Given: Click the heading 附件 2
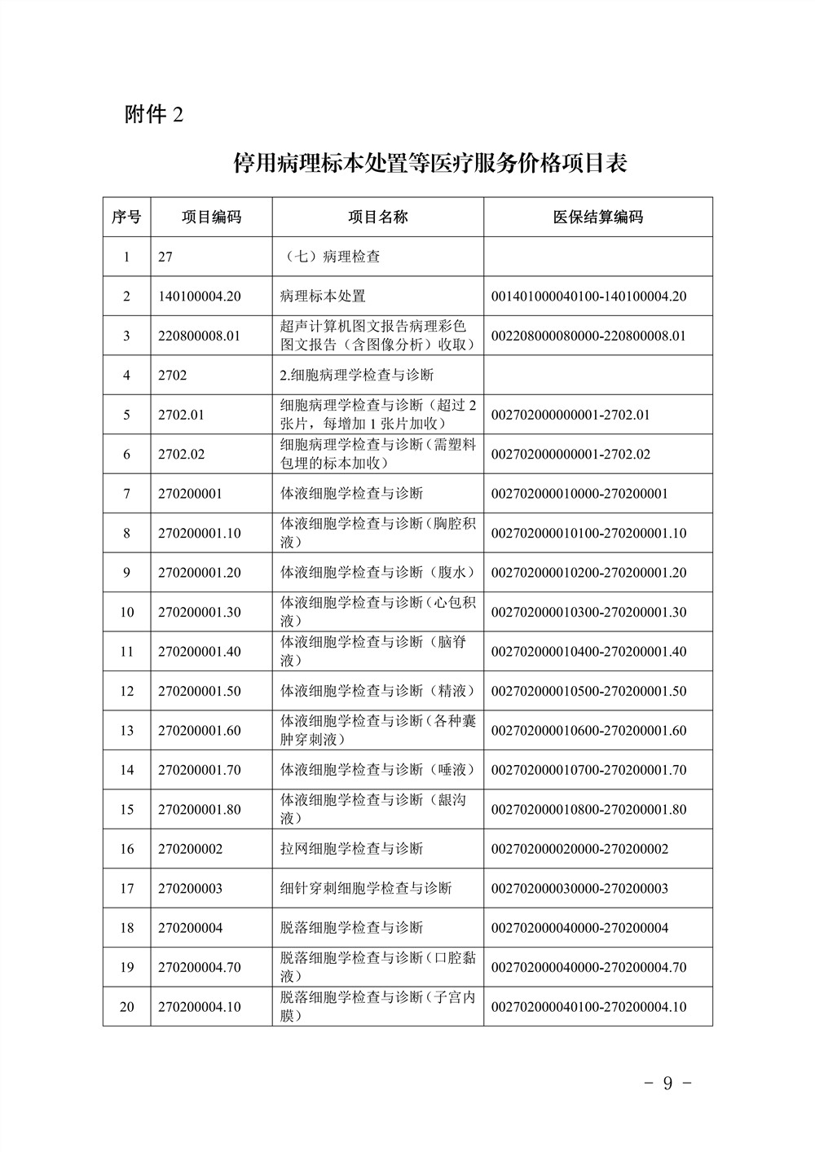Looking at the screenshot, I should point(154,115).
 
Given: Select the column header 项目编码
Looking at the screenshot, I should point(211,217).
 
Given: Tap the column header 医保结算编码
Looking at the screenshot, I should point(597,217).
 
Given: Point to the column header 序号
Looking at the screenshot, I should point(126,217).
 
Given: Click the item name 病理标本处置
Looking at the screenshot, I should point(323,296).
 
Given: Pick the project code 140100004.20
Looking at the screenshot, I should point(200,296).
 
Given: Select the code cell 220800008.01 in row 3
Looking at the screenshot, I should point(200,335).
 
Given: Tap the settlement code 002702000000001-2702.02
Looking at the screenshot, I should point(570,454).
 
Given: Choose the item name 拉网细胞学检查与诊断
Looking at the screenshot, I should point(351,849).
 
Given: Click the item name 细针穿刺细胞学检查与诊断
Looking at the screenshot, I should point(366,888).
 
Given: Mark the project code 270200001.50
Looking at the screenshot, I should point(200,691).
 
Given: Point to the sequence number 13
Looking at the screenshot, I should point(126,730).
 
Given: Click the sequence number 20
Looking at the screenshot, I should point(126,1007).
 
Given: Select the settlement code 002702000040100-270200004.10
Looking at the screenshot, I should point(588,1007).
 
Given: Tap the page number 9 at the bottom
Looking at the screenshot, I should point(667,1084).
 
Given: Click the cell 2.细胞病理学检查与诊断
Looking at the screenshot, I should point(356,375).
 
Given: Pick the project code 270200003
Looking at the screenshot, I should point(190,888).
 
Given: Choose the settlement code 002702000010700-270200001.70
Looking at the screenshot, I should point(588,770).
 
